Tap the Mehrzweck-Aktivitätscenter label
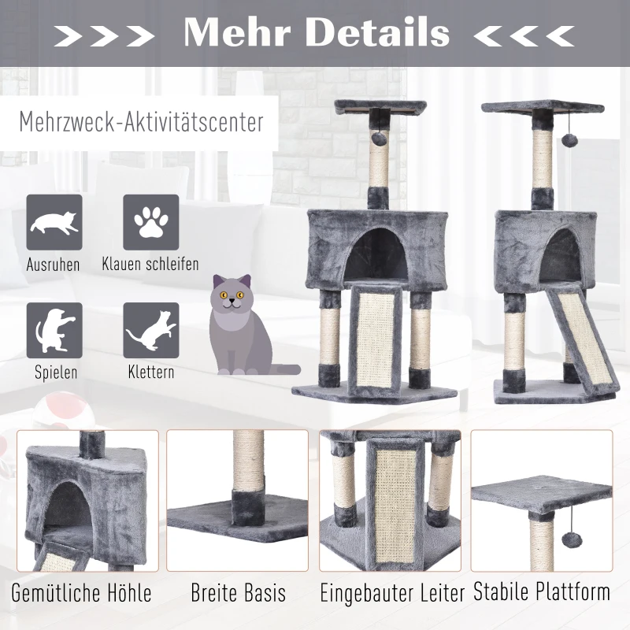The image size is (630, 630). tap(141, 124)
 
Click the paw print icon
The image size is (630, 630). tap(150, 222)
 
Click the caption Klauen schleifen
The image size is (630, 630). tap(150, 264)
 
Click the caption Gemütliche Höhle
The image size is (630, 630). tap(82, 592)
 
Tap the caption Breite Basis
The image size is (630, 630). tap(238, 592)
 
